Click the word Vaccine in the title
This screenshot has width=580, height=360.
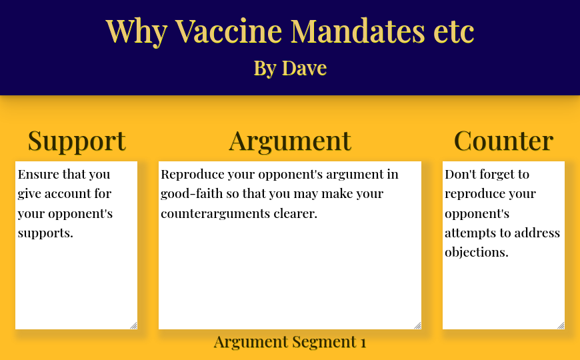229,31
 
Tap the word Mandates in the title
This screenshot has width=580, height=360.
358,31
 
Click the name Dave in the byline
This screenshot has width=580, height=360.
304,68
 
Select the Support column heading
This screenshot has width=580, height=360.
77,141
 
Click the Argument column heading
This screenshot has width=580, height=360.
290,141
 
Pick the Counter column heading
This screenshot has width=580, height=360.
503,141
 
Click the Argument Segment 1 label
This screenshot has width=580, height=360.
290,342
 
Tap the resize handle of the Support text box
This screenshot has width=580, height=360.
133,325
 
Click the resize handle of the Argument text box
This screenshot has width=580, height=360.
417,325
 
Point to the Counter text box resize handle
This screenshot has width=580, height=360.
561,325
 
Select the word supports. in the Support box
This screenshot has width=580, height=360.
45,233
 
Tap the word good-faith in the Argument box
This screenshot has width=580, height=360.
191,193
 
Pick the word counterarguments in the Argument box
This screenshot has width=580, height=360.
215,213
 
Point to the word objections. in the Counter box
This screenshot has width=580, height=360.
477,252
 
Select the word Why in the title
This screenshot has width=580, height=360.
137,32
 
